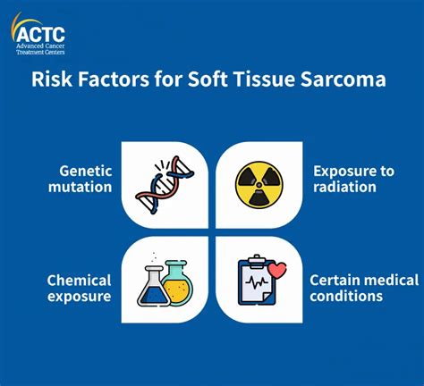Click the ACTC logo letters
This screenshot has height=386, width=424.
(x=40, y=34)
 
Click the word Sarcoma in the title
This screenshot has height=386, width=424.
(x=343, y=80)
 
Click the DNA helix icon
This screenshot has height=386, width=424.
(x=165, y=185)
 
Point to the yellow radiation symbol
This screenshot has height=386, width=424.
(x=259, y=185)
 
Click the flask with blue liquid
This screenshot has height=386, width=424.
(x=154, y=286)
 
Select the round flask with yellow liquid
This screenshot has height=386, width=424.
(x=177, y=282)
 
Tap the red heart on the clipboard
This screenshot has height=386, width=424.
(x=277, y=270)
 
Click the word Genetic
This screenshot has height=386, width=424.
(x=86, y=172)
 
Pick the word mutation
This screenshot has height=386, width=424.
(x=81, y=187)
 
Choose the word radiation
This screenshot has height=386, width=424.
(x=345, y=187)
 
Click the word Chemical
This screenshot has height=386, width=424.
(x=79, y=281)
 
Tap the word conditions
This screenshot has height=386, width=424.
(x=346, y=297)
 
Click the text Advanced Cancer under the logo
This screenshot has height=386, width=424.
(x=40, y=46)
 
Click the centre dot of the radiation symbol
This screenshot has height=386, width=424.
(x=259, y=185)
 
